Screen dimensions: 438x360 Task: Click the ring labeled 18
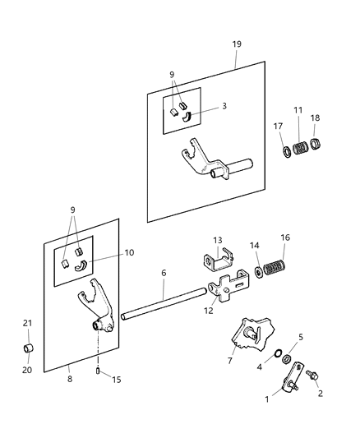316,147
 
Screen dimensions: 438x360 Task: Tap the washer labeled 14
257,272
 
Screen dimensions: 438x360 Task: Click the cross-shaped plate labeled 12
228,290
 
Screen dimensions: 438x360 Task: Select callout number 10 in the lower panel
129,254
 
